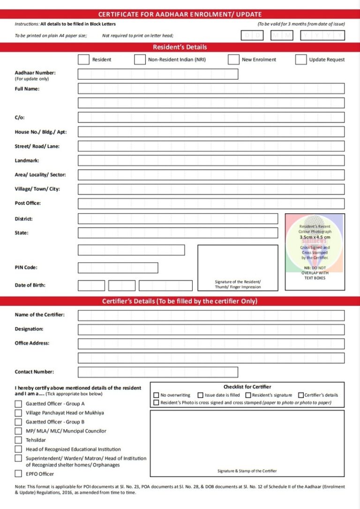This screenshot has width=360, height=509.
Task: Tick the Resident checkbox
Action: click(83, 60)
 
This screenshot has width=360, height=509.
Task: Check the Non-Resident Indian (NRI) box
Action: click(140, 60)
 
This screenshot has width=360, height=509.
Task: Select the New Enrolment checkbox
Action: click(233, 60)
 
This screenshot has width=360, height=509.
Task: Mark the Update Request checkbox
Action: click(301, 60)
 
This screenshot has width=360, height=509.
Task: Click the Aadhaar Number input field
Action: click(157, 74)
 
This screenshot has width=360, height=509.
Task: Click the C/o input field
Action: click(211, 117)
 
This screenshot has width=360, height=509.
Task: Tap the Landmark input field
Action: click(211, 160)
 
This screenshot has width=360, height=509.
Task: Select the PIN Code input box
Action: click(118, 268)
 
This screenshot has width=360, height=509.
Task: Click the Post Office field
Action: click(211, 203)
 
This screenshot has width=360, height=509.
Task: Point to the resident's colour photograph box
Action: click(315, 252)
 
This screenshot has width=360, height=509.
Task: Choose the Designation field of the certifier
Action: click(211, 329)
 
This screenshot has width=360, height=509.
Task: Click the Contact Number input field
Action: click(157, 372)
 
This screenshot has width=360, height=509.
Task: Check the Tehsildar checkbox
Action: click(18, 440)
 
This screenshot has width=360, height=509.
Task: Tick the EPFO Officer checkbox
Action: click(18, 474)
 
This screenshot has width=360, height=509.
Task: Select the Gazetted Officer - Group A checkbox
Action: click(18, 404)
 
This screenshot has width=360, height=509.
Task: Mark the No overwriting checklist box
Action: click(156, 395)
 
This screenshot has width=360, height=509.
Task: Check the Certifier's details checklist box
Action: click(300, 395)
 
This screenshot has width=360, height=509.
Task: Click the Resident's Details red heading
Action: click(180, 47)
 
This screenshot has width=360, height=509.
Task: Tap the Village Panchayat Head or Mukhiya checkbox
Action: click(18, 413)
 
